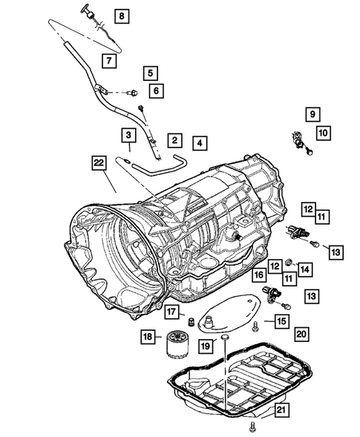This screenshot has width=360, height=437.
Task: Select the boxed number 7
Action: (x=109, y=60)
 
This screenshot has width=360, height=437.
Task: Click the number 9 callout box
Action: (x=313, y=114)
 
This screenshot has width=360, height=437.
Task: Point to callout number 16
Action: (x=259, y=275)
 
